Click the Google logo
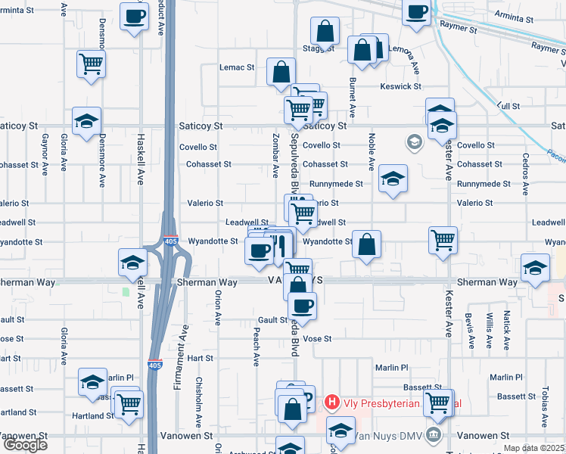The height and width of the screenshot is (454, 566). pos(25,445)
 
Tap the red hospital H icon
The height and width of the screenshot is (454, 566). pos(331,403)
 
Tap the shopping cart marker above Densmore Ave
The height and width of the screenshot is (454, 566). pos(92,64)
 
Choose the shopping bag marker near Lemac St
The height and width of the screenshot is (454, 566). pos(281,73)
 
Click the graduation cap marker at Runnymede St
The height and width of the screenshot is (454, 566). pos(393,179)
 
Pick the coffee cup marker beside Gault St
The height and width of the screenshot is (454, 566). pos(303,306)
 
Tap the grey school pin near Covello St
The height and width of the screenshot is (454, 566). pos(414,141)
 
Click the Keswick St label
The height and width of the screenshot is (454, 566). pos(401,86)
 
